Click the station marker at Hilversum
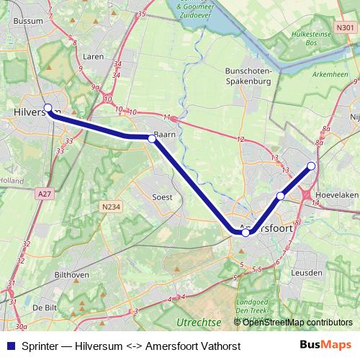(48, 107)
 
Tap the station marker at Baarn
(152, 138)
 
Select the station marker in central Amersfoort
(246, 233)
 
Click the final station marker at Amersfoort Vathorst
(312, 166)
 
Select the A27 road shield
(44, 194)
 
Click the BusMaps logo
(325, 345)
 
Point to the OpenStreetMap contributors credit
(296, 322)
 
